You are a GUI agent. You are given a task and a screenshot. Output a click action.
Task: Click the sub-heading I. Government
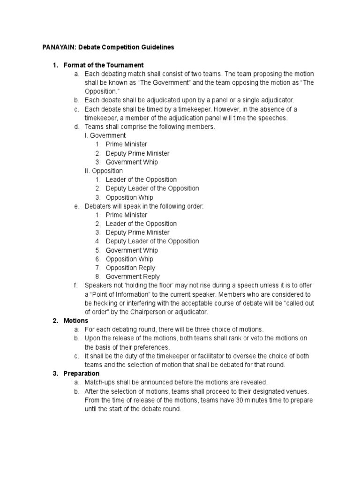pos(105,135)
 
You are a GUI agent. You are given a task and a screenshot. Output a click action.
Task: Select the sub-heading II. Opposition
pos(104,171)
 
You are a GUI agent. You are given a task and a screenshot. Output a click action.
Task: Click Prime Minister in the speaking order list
pos(126,215)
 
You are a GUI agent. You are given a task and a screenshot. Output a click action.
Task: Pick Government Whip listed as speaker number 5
pos(132,250)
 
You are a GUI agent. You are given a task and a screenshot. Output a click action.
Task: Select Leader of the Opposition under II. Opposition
pos(141,180)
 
